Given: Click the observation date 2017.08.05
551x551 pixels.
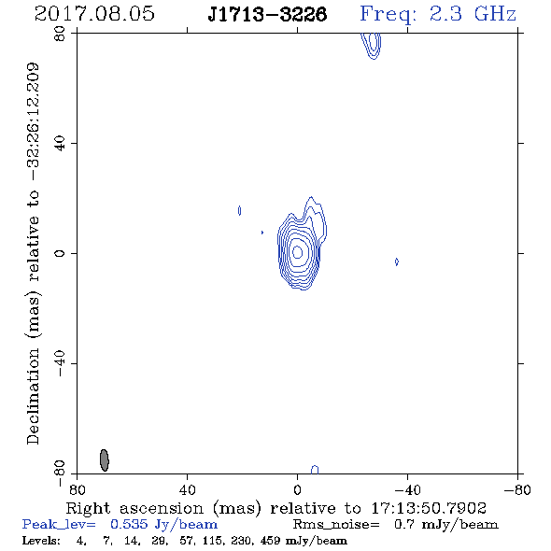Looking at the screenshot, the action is (94, 14).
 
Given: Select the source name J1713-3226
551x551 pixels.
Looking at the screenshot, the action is (267, 14).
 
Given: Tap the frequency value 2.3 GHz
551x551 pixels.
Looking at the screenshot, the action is (473, 14).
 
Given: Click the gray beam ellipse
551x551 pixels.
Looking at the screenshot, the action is (105, 460).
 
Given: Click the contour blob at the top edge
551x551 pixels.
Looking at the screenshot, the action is (372, 46).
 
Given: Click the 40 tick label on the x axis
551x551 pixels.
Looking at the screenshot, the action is (187, 490).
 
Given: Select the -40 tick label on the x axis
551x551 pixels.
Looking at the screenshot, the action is (407, 490).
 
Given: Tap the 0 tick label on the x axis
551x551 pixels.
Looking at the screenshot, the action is (297, 490).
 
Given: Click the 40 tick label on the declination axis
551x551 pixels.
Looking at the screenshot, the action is (60, 144).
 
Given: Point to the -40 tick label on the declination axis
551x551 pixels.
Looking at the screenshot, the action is (60, 363).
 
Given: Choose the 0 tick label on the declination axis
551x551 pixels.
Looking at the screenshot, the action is (60, 253).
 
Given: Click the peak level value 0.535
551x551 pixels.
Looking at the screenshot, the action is (129, 524).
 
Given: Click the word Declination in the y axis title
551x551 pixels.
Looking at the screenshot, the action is (33, 396).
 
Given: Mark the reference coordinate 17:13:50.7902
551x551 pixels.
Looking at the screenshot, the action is (429, 508).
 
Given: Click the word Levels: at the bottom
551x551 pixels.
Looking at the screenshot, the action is (41, 540).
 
